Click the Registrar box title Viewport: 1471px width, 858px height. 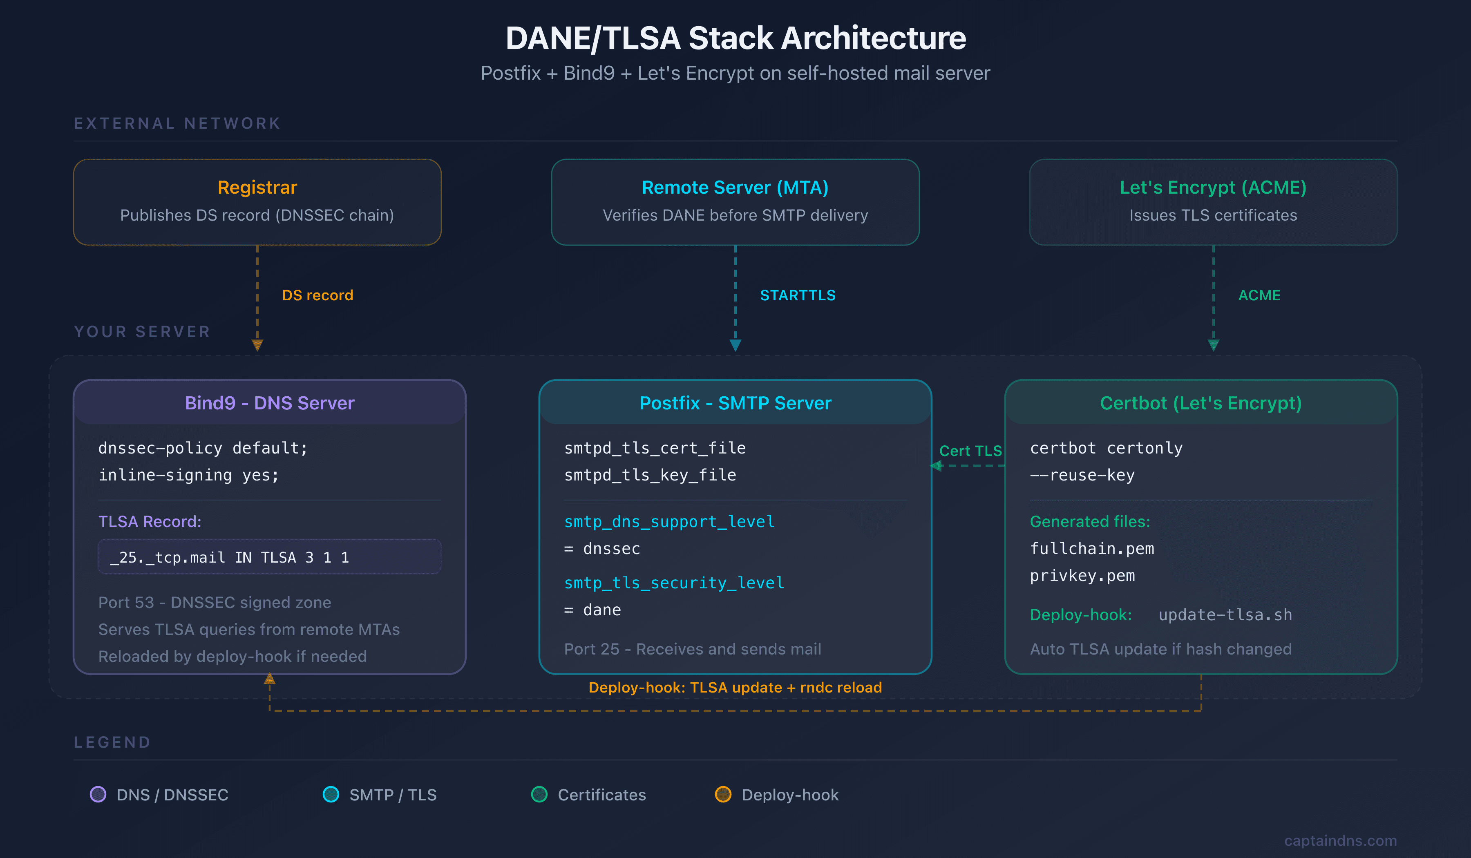pyautogui.click(x=257, y=188)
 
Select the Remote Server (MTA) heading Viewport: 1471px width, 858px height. pyautogui.click(x=735, y=188)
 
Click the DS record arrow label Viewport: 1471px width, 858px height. pyautogui.click(x=317, y=295)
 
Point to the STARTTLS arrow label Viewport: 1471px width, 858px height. pyautogui.click(x=797, y=295)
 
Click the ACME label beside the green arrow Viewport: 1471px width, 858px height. pyautogui.click(x=1259, y=295)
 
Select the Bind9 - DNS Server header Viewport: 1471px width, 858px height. pyautogui.click(x=269, y=403)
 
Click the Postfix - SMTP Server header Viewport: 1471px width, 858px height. pyautogui.click(x=735, y=403)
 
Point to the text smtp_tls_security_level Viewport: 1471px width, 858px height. pyautogui.click(x=674, y=583)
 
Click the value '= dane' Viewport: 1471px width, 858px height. pyautogui.click(x=592, y=610)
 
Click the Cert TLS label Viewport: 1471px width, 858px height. pyautogui.click(x=970, y=451)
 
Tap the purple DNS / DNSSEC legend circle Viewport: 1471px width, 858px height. pyautogui.click(x=98, y=794)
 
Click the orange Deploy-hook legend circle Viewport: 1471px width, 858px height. pyautogui.click(x=723, y=794)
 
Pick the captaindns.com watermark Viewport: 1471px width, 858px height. pyautogui.click(x=1340, y=840)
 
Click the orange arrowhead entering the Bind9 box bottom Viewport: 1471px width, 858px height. pyautogui.click(x=269, y=679)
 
